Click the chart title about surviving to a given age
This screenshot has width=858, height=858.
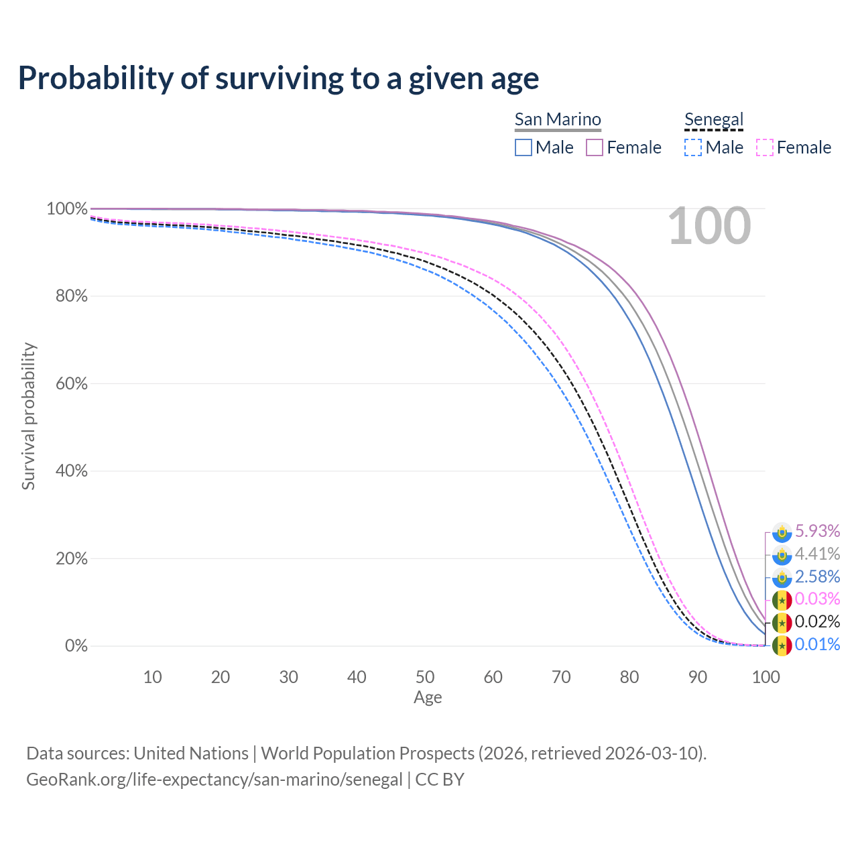pos(278,78)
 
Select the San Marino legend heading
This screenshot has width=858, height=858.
pos(558,119)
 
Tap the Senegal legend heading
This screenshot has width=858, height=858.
pos(714,119)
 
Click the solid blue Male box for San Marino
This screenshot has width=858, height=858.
pos(524,147)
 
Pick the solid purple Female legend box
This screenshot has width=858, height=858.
pos(595,147)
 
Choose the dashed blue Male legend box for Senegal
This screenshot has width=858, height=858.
pos(693,147)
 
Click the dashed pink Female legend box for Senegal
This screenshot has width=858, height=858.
pos(765,147)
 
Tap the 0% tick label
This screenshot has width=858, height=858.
pos(76,646)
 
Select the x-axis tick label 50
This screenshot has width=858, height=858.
pos(425,677)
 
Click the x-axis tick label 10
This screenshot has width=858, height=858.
pos(153,677)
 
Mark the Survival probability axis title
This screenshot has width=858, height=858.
pos(28,416)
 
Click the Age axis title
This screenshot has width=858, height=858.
pos(428,698)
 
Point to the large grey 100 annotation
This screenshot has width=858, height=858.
pos(709,227)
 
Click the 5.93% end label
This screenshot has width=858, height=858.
pos(817,531)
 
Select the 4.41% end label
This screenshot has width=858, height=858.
pos(817,554)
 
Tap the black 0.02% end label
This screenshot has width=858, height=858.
pos(817,621)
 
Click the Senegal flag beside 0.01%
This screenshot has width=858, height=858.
pos(782,646)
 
